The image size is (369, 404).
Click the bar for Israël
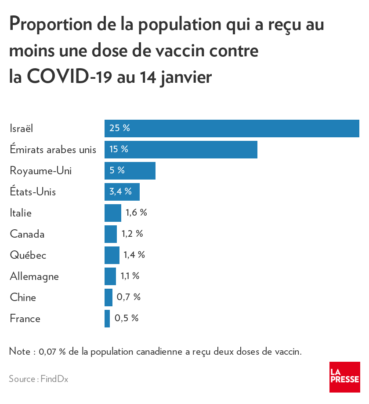232,129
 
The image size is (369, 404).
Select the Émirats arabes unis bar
181,150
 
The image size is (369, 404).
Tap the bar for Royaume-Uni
130,171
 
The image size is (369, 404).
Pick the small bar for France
107,319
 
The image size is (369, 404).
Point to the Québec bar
112,255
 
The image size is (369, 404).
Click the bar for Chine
109,297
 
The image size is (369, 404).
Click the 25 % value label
119,129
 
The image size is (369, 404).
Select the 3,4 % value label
121,192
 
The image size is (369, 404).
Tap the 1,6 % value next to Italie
136,213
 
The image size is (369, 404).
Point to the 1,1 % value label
130,276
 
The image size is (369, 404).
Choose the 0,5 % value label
127,319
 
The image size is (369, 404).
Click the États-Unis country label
33,192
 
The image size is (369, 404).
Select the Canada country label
27,234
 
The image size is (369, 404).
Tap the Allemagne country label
34,276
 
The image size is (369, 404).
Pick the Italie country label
21,213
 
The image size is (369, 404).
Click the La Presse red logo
344,377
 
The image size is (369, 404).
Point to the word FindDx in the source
54,379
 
